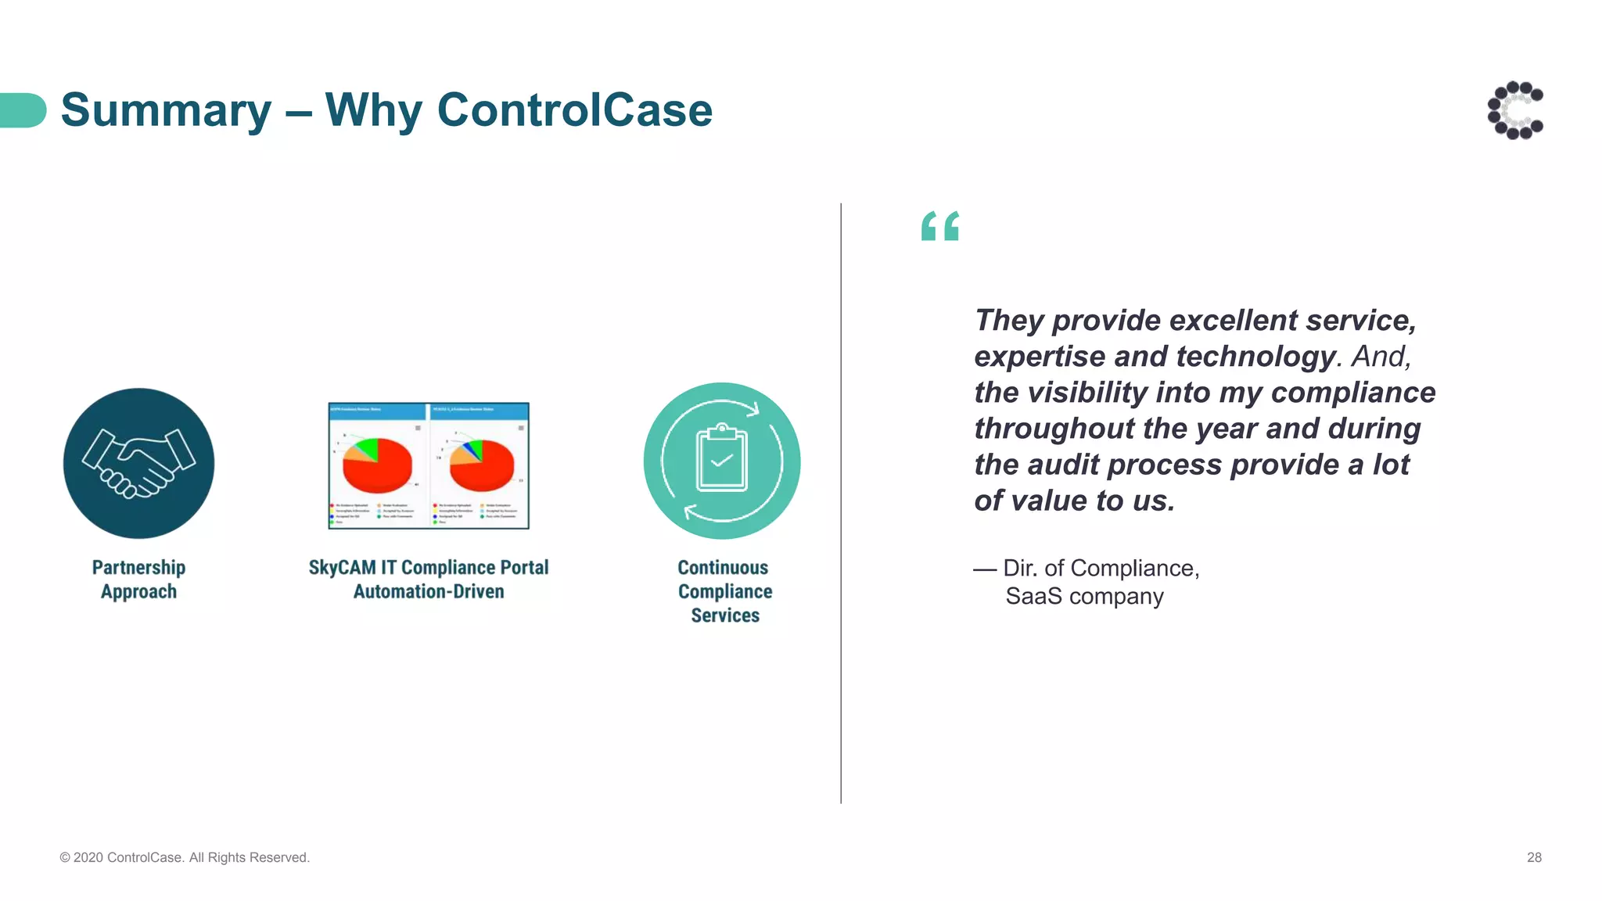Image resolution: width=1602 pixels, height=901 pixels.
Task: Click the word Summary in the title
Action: tap(166, 110)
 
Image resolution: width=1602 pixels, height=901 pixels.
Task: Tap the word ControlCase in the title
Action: tap(574, 110)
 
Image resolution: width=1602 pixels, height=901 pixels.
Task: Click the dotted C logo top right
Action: tap(1515, 110)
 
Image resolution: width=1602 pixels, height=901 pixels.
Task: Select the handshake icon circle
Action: tap(138, 463)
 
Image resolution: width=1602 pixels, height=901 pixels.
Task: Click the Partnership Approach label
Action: tap(138, 580)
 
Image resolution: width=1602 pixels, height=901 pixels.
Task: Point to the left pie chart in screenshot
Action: tap(377, 465)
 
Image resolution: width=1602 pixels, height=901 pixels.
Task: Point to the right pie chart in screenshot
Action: tap(482, 465)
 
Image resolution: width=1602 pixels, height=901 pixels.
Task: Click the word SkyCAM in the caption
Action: tap(342, 568)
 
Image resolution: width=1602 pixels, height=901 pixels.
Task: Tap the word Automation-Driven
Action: tap(429, 592)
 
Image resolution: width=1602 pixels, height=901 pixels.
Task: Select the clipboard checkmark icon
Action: tap(721, 460)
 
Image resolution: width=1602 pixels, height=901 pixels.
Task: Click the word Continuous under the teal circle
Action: tap(723, 568)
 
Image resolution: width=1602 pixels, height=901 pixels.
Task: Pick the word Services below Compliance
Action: tap(725, 616)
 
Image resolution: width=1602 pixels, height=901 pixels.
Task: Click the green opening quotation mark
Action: tap(939, 226)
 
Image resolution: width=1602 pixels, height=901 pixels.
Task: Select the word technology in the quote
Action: tap(1255, 357)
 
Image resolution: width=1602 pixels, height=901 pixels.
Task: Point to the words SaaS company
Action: tap(1084, 597)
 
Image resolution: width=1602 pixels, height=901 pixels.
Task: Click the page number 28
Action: tap(1534, 858)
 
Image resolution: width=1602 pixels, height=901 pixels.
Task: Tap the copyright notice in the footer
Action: tap(185, 858)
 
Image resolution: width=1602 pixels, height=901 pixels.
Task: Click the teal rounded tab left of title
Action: tap(23, 110)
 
